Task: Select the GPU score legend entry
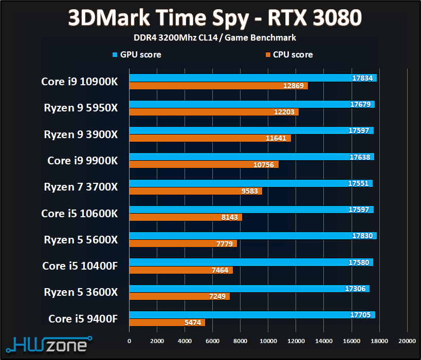pos(136,54)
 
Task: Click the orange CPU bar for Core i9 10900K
pos(218,86)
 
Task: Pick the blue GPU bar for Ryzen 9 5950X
pos(252,104)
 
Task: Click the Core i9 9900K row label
pos(82,161)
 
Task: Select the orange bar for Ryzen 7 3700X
pos(195,191)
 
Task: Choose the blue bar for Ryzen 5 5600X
pos(253,236)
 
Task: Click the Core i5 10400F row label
pos(80,266)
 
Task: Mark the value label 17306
pos(356,289)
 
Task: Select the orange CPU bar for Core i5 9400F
pos(167,323)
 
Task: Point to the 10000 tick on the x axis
pos(268,340)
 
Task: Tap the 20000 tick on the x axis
pos(407,340)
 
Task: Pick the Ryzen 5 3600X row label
pos(81,292)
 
